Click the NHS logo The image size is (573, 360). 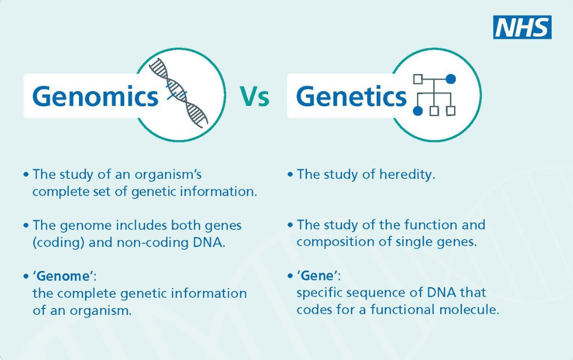click(x=522, y=27)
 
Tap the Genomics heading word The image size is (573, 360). click(x=95, y=96)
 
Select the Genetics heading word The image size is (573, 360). click(x=351, y=96)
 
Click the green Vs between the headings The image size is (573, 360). click(x=255, y=96)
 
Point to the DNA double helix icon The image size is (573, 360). click(x=179, y=93)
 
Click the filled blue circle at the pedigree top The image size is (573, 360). click(x=450, y=79)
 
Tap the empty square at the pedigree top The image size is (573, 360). click(x=418, y=79)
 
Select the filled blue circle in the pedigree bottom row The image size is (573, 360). click(x=417, y=111)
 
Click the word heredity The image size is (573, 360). click(x=407, y=174)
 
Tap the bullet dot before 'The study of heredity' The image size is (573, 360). click(x=290, y=174)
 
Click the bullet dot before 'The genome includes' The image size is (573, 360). click(x=26, y=226)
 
